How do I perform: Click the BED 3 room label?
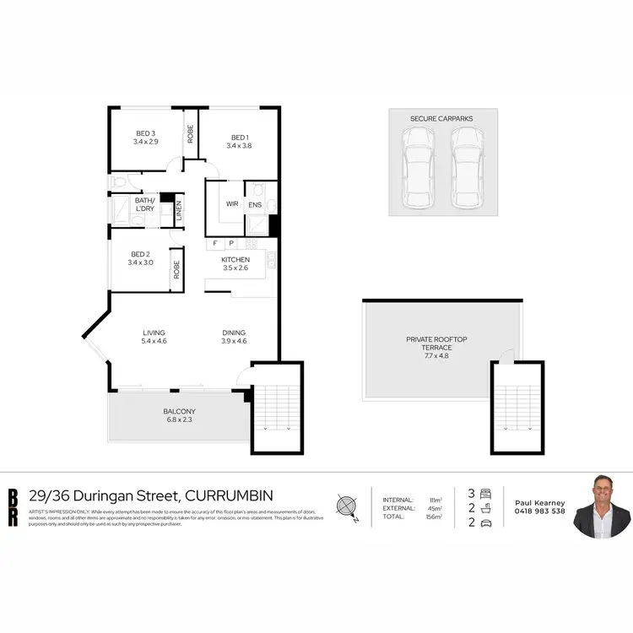coord(146,133)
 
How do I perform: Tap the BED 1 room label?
coord(239,138)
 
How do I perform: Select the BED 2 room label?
coord(139,253)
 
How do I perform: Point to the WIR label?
coord(231,203)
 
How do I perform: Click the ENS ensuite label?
coord(255,203)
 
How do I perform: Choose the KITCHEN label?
coord(235,259)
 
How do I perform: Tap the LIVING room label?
coord(154,333)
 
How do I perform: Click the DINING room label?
coord(233,333)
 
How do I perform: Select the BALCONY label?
coord(180,412)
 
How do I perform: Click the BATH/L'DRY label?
coord(145,203)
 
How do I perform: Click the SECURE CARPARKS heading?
coord(442,118)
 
